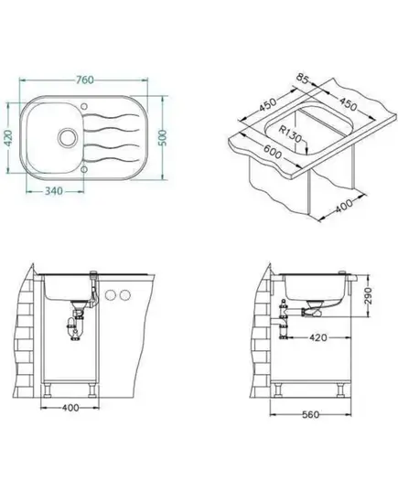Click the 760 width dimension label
pyautogui.click(x=84, y=80)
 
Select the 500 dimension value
pyautogui.click(x=163, y=137)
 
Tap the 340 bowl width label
pyautogui.click(x=54, y=191)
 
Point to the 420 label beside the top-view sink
pyautogui.click(x=8, y=137)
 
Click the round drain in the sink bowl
pyautogui.click(x=67, y=137)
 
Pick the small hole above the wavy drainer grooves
pyautogui.click(x=84, y=106)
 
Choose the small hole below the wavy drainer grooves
pyautogui.click(x=84, y=169)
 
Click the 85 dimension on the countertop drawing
pyautogui.click(x=303, y=79)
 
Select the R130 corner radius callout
pyautogui.click(x=290, y=133)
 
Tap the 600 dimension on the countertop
pyautogui.click(x=273, y=151)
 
